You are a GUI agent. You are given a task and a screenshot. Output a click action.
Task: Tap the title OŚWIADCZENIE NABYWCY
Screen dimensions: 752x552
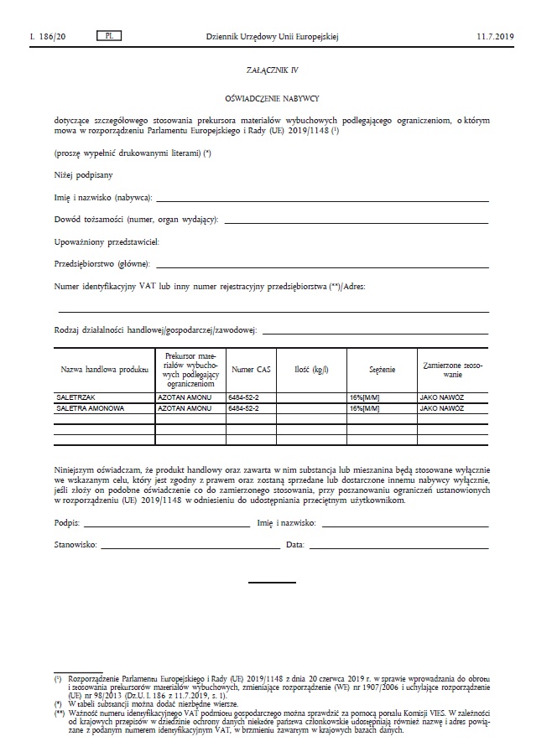[x=276, y=100]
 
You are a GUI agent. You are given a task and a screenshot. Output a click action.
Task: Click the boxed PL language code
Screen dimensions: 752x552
[x=109, y=36]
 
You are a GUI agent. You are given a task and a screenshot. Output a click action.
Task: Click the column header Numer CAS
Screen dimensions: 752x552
[x=251, y=369]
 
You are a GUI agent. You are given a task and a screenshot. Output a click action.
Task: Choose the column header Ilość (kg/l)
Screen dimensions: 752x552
[x=311, y=369]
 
